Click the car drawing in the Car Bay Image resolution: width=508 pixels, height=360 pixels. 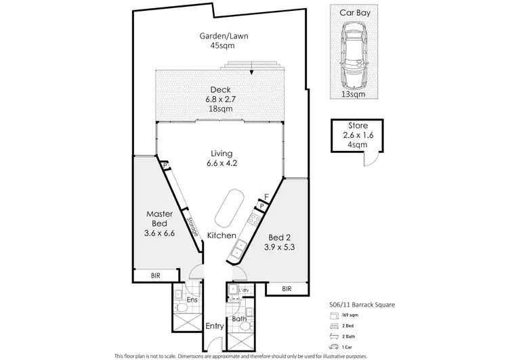tap(353, 57)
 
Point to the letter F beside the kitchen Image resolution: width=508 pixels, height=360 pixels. tap(267, 197)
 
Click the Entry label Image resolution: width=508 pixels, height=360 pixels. tap(215, 326)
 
